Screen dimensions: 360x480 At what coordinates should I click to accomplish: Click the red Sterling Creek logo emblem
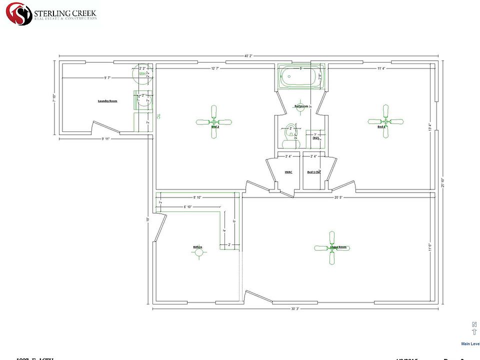coord(18,13)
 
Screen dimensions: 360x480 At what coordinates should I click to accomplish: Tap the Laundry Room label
coord(107,101)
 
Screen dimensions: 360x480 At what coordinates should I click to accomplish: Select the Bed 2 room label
coord(215,127)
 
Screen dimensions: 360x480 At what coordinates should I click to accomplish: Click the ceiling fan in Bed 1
coord(386,121)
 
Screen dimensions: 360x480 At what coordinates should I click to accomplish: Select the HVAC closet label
coord(288,172)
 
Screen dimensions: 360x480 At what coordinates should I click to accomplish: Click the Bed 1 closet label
coord(313,172)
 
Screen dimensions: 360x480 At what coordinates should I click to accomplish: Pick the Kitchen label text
coord(198,247)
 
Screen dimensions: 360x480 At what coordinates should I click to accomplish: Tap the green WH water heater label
coord(142,74)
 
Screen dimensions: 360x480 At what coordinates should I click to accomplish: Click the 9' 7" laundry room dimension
coord(108,77)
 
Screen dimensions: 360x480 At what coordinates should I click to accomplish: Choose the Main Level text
coord(470,343)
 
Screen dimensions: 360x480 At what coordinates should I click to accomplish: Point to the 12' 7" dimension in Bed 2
coord(215,68)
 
